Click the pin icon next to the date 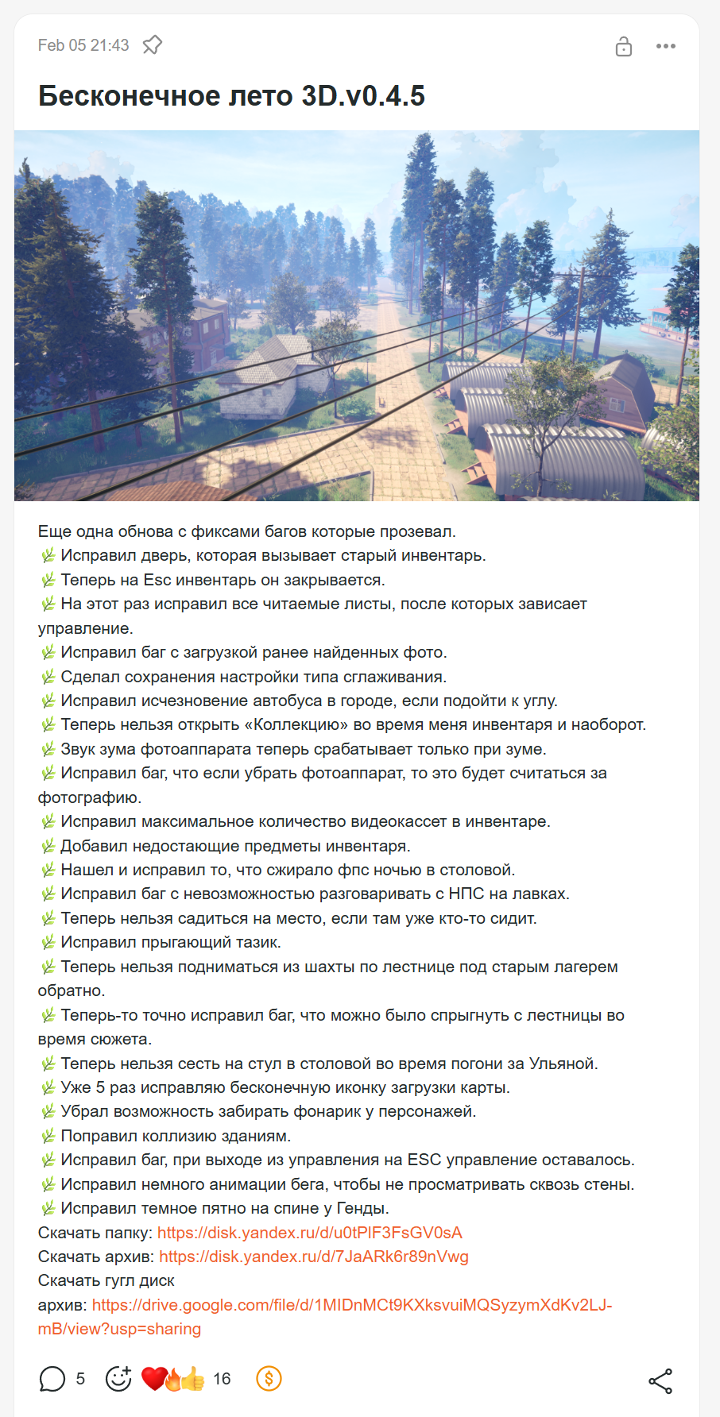coord(152,45)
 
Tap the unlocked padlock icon coord(624,46)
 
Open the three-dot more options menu coord(666,46)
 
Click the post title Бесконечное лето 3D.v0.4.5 coord(231,96)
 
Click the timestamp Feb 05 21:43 coord(83,45)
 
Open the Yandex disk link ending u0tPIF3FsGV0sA coord(309,1233)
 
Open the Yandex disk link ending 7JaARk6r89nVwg coord(313,1257)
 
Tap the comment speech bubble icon coord(52,1379)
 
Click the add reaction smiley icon coord(118,1379)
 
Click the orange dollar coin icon coord(269,1379)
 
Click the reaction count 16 coord(222,1379)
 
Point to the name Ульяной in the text coord(562,1064)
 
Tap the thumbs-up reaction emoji coord(193,1380)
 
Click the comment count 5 coord(80,1379)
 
